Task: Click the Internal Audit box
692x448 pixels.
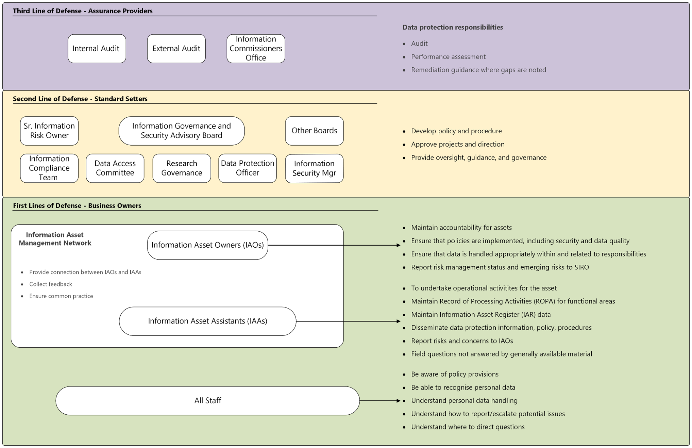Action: [x=97, y=49]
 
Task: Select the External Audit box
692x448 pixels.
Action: [x=176, y=49]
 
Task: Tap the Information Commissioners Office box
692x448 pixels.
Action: [x=256, y=49]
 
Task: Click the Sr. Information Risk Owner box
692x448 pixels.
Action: [x=49, y=131]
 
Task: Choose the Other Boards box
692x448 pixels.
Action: [x=314, y=131]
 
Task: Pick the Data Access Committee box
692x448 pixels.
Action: [x=115, y=168]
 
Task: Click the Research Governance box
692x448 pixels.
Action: [x=182, y=168]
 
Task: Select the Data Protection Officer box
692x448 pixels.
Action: [x=248, y=168]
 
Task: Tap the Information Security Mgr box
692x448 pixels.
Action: [x=314, y=168]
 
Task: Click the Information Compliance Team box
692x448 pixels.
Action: [x=49, y=168]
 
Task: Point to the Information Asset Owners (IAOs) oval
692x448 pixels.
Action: [x=207, y=245]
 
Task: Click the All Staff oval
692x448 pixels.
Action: [x=207, y=400]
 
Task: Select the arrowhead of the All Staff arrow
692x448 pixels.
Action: [x=399, y=401]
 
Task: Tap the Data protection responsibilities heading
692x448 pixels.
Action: [x=453, y=27]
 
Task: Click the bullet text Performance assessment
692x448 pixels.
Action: [x=448, y=57]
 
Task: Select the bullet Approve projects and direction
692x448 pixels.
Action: [x=458, y=144]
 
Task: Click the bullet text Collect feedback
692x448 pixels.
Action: [x=51, y=284]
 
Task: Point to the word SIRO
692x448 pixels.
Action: [x=581, y=267]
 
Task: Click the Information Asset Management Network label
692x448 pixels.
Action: [x=55, y=239]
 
